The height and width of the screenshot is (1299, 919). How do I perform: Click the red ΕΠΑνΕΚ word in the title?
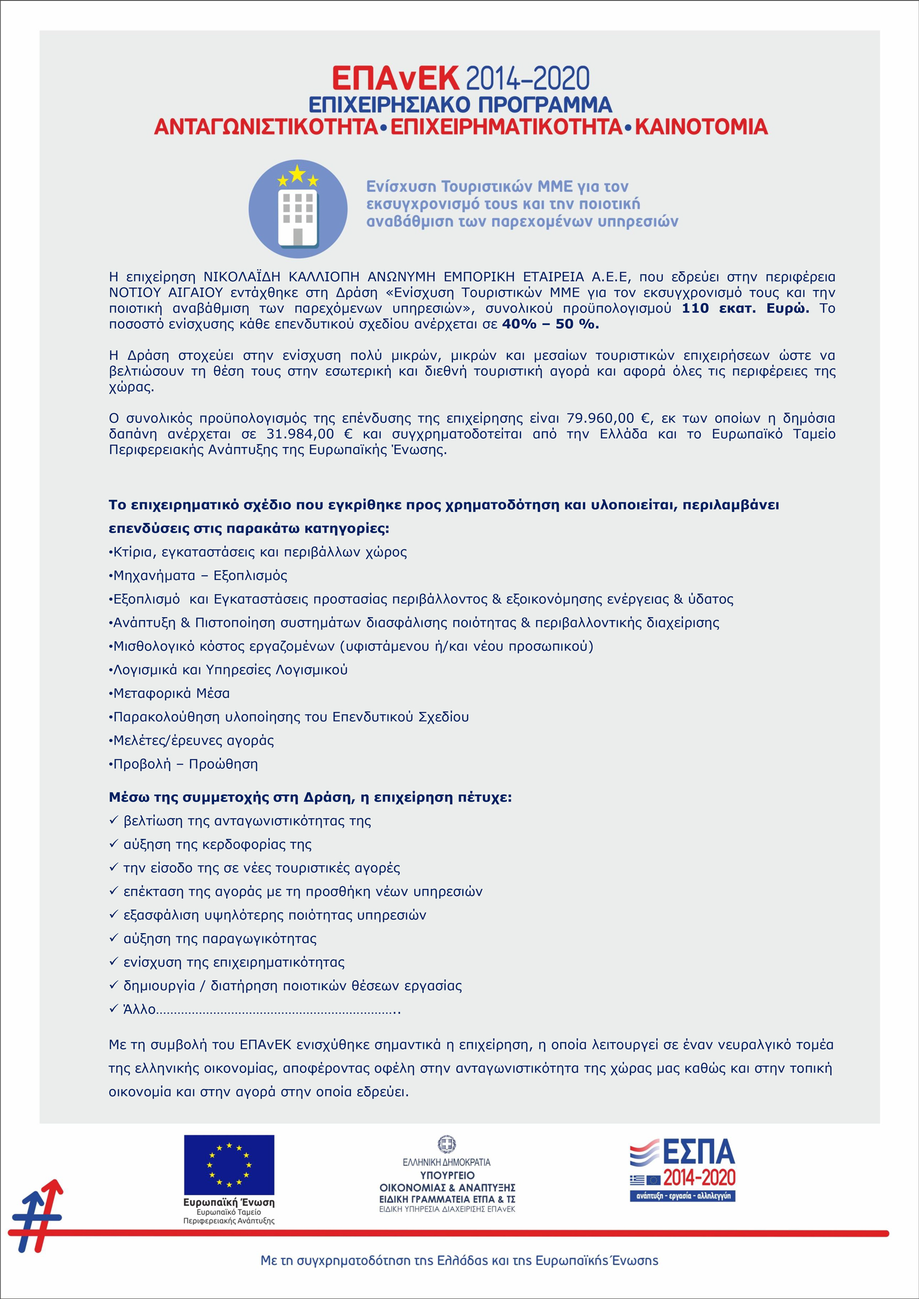tap(395, 79)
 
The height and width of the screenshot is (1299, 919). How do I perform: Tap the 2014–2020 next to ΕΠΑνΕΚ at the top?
tap(528, 79)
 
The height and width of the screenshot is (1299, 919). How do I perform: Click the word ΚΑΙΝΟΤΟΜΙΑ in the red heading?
tap(701, 127)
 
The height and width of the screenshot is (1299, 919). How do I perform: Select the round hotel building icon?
tap(298, 209)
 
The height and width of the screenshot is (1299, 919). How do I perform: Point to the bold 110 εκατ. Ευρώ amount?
tap(745, 308)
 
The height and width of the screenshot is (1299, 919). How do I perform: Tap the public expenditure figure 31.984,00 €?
tap(309, 434)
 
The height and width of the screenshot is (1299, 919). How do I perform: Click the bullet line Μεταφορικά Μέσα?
tap(171, 693)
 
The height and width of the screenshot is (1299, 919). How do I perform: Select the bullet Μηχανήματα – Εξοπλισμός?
tap(200, 575)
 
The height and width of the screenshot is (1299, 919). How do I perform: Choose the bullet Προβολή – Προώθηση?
tap(185, 764)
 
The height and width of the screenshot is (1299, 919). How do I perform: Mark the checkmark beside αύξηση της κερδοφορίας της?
tap(113, 844)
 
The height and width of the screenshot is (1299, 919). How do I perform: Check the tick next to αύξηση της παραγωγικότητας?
tap(113, 938)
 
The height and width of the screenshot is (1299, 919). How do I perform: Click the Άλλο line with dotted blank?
tap(255, 1010)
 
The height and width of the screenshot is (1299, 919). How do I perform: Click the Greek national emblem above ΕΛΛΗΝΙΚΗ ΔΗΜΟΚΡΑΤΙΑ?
tap(447, 1145)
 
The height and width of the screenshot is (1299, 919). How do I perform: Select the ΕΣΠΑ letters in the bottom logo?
tap(698, 1152)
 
